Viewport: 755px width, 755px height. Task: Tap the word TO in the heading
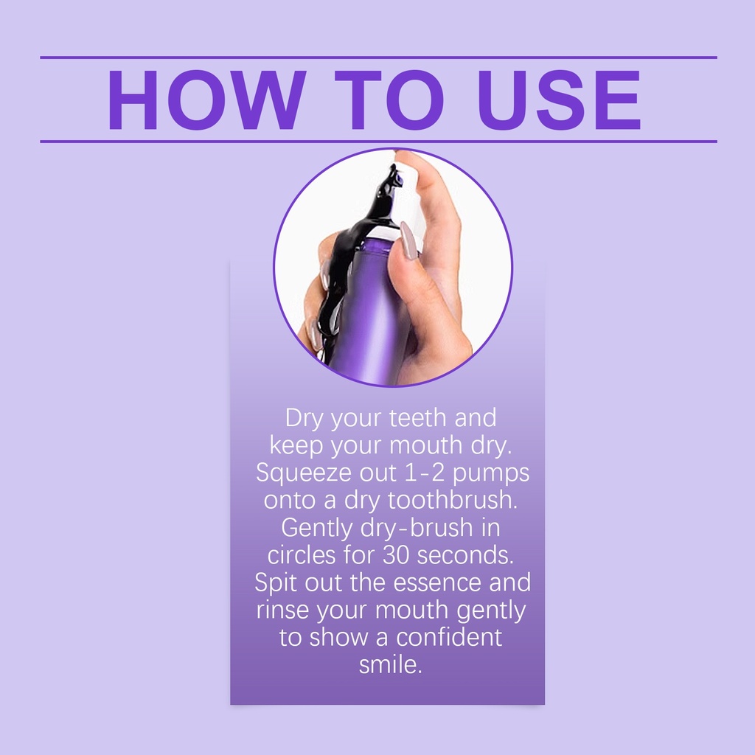coord(389,100)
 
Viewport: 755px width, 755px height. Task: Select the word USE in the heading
coord(560,100)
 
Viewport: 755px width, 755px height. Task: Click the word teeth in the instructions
coord(418,417)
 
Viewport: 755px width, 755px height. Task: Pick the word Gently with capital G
coord(317,529)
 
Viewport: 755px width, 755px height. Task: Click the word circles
coord(302,554)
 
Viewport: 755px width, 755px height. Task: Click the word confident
coord(449,637)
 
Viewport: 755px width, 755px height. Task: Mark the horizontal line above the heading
coord(378,58)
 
